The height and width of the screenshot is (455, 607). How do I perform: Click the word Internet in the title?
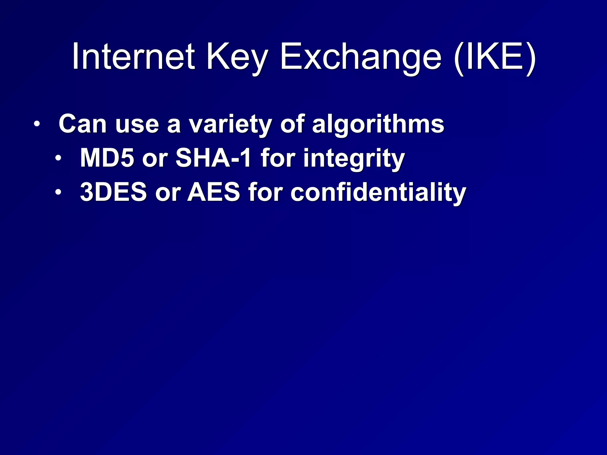(133, 56)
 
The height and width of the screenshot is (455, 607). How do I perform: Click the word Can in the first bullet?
(82, 124)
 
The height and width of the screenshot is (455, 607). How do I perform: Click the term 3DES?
(114, 192)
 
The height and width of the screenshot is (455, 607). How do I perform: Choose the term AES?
(214, 192)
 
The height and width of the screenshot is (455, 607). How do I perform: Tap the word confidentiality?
(378, 193)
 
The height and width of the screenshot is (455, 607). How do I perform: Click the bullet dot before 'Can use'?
(36, 124)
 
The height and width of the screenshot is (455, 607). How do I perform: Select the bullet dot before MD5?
(58, 158)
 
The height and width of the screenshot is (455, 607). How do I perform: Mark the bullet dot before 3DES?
(58, 192)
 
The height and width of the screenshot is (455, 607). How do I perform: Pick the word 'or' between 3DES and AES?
(168, 194)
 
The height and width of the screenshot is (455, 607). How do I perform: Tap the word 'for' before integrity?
(277, 158)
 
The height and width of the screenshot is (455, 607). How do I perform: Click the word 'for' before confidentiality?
(265, 192)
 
